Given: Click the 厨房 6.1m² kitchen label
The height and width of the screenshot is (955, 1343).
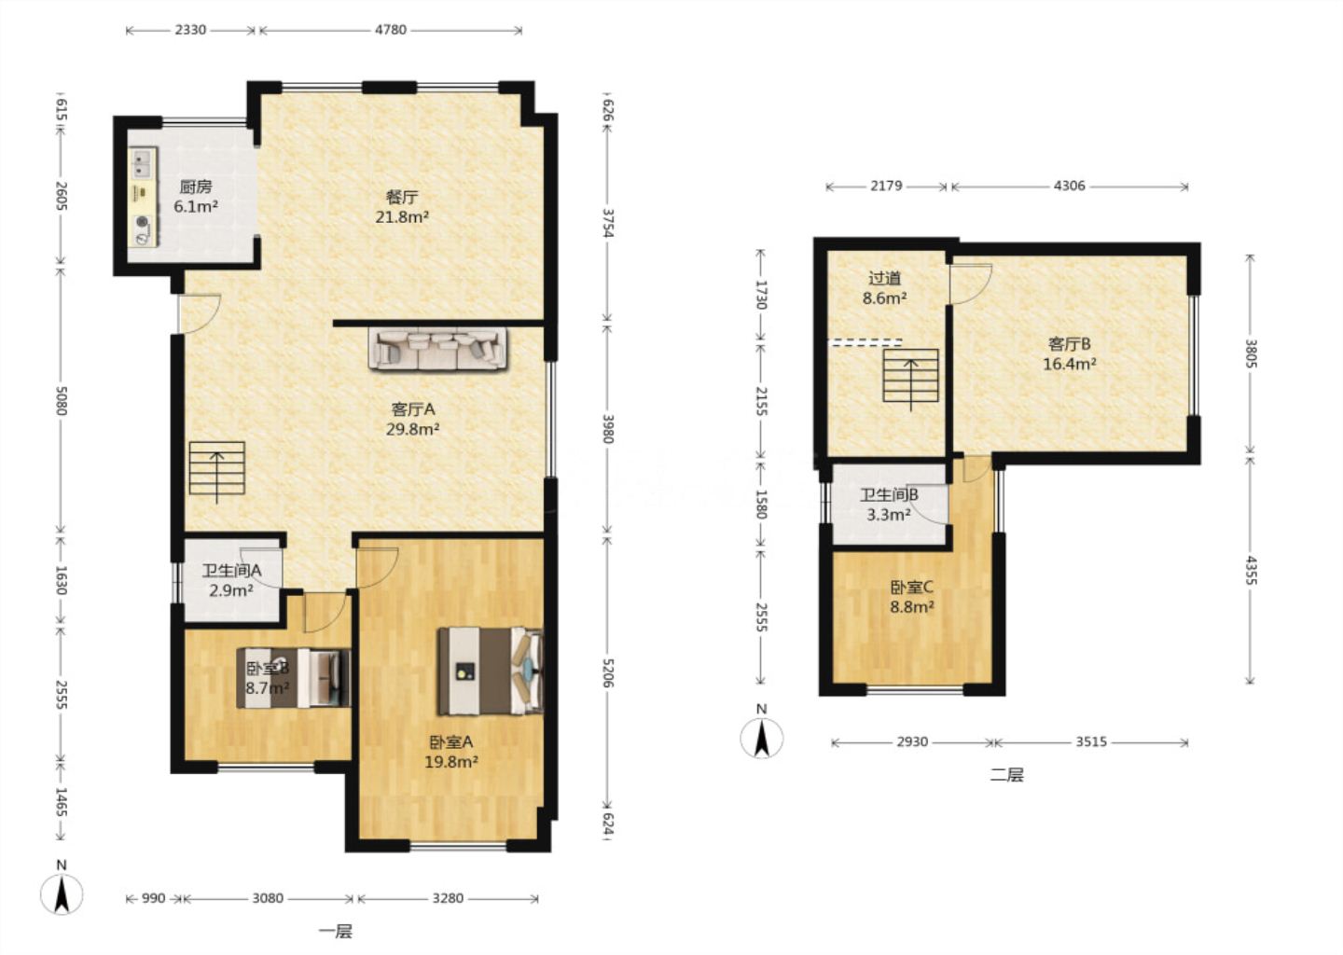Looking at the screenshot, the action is click(196, 197).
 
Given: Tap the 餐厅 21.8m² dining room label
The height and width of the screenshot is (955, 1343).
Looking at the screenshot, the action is click(402, 207).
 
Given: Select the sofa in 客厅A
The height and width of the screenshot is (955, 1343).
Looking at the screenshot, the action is click(437, 348).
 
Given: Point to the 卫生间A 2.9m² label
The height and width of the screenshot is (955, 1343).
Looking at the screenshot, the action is click(231, 580).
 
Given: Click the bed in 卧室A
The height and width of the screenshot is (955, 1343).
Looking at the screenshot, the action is click(491, 671).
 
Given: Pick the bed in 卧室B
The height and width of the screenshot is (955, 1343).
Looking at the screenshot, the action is click(293, 677).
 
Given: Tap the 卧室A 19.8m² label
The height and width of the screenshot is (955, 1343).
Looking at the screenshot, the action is click(451, 752).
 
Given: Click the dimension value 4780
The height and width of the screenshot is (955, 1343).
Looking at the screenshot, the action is click(391, 30).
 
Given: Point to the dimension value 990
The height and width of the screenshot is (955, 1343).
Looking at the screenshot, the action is click(154, 899).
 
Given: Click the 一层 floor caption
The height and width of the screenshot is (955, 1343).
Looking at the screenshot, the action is click(335, 932).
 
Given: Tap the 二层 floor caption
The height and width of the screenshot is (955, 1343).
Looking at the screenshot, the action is click(1006, 775).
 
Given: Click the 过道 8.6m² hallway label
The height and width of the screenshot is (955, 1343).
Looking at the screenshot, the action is click(884, 288).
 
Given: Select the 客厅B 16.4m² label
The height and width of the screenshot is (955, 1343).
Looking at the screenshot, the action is click(1070, 353).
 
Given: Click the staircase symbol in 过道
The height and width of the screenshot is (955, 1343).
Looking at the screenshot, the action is click(910, 376).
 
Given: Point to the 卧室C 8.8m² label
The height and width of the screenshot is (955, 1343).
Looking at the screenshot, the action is click(911, 597).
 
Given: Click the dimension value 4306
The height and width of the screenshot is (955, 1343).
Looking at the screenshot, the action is click(1070, 186).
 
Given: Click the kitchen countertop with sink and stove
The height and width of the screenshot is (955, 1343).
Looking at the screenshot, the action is click(144, 197).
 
